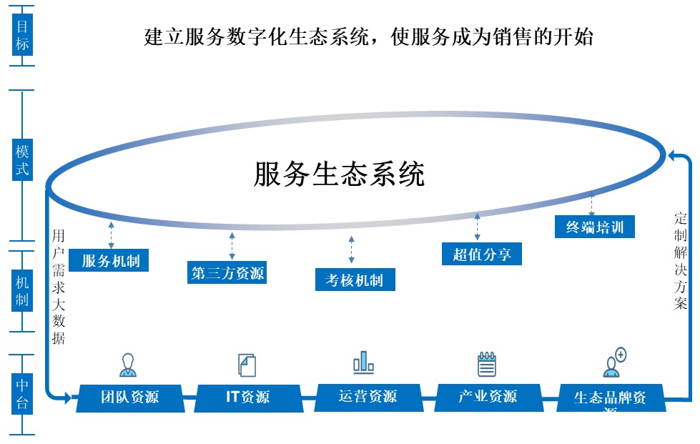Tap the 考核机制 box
[355, 280]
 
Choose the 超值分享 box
[482, 254]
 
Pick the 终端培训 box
[595, 227]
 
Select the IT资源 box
[248, 397]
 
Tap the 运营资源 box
[368, 396]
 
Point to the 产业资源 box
[488, 396]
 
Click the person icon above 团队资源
[128, 365]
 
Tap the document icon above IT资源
[247, 365]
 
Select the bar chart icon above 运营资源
[363, 362]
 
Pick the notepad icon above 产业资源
[487, 364]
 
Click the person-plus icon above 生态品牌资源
[614, 362]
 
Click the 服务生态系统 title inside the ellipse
[339, 174]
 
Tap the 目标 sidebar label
[23, 35]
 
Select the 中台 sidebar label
[23, 394]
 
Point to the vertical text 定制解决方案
[680, 260]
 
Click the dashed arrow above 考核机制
[351, 250]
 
